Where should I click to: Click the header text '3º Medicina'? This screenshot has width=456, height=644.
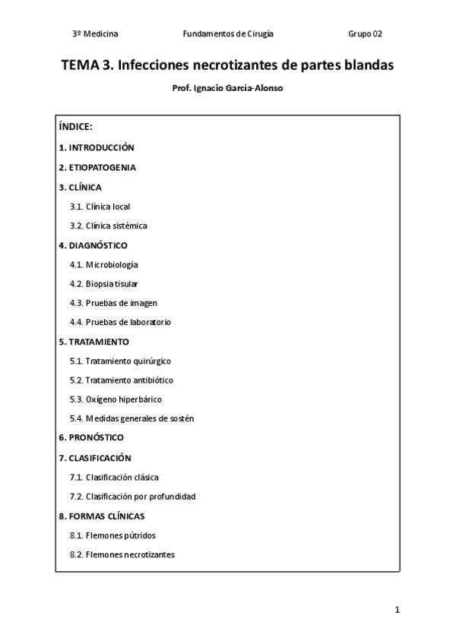(95, 34)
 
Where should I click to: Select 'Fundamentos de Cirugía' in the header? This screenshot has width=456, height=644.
(228, 34)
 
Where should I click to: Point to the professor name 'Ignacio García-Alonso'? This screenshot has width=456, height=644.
(238, 88)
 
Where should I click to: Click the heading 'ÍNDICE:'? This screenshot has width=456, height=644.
(75, 127)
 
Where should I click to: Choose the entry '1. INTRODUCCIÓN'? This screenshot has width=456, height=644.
(97, 147)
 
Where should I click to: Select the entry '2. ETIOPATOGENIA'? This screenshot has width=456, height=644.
(97, 167)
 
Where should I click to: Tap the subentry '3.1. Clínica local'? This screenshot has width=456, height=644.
(105, 206)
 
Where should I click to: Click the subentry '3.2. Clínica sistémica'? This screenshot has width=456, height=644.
(109, 226)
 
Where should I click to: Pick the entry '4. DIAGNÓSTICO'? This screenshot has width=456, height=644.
(93, 245)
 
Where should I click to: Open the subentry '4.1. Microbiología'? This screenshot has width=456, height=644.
(104, 264)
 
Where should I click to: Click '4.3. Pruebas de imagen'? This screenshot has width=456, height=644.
(114, 303)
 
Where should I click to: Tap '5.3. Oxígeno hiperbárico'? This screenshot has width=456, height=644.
(116, 399)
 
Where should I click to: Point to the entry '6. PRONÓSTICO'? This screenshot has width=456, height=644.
(91, 438)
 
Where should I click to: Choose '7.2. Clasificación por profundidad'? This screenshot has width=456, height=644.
(132, 497)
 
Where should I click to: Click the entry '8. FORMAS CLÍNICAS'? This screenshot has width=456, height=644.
(102, 516)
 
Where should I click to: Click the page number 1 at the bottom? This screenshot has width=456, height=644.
(397, 610)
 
